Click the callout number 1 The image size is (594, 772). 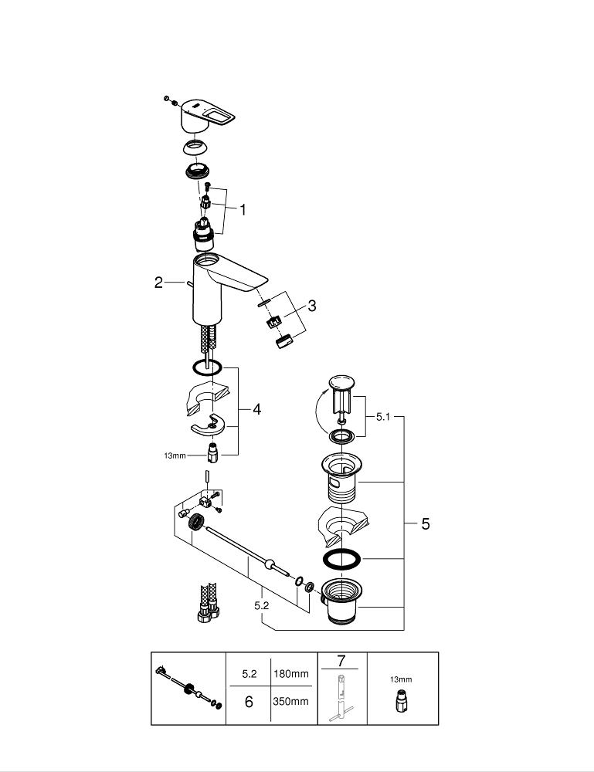(x=243, y=208)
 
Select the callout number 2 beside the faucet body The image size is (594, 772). (x=158, y=283)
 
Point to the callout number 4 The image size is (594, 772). (x=256, y=409)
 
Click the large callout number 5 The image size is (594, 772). (x=425, y=525)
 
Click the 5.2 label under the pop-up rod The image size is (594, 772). (x=261, y=606)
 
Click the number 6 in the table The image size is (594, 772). (x=249, y=702)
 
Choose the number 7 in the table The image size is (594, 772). (x=341, y=661)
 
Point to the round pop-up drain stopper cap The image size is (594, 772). (x=340, y=383)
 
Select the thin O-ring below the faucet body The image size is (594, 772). (x=207, y=367)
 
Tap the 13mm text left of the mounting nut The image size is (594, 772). (x=175, y=455)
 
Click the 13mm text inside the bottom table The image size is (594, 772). (x=400, y=679)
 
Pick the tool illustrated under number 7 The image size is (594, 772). (x=341, y=697)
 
